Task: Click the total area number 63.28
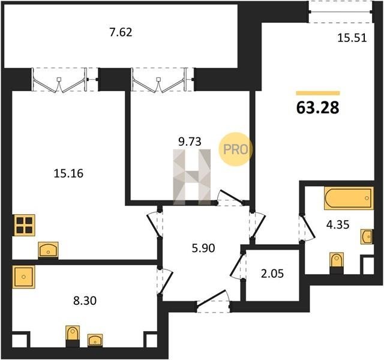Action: (x=317, y=108)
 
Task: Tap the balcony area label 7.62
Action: (x=121, y=32)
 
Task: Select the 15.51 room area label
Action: (x=352, y=38)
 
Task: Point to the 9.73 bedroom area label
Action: (x=190, y=142)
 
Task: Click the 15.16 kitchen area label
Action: (x=68, y=173)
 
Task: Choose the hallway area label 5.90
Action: (x=203, y=248)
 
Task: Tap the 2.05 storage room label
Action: (x=272, y=274)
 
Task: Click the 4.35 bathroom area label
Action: (x=338, y=224)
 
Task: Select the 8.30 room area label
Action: (x=85, y=301)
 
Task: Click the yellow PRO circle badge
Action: (x=235, y=149)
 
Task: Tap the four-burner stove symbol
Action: (x=25, y=225)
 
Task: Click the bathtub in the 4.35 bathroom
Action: (x=349, y=198)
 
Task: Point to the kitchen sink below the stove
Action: (x=48, y=250)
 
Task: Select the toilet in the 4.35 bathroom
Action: (x=337, y=263)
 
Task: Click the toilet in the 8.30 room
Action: (x=73, y=336)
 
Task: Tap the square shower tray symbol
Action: (x=23, y=277)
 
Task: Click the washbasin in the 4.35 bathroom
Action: (x=367, y=236)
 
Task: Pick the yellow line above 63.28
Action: (x=318, y=93)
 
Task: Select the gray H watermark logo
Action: (x=192, y=177)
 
